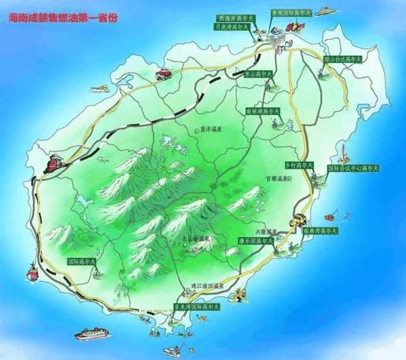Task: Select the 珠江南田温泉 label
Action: pyautogui.click(x=211, y=284)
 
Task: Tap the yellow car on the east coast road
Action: pyautogui.click(x=298, y=219)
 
